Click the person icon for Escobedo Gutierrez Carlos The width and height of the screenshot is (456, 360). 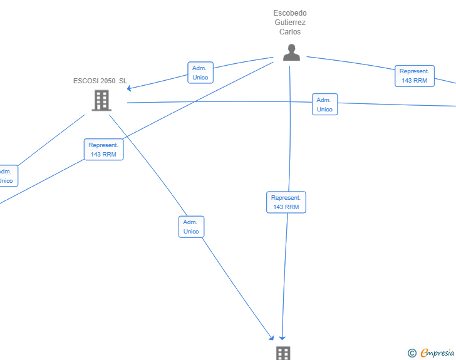coord(291,53)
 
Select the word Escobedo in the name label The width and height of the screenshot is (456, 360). coord(290,13)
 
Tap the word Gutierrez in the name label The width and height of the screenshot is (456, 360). coord(290,23)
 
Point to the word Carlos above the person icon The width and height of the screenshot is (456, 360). coord(290,32)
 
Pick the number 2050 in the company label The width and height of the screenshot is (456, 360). coord(108,81)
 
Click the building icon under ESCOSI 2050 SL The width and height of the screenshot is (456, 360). coord(101,100)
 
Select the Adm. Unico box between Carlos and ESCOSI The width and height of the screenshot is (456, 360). coord(200,73)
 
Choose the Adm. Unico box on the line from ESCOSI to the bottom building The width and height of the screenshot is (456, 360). coord(192,227)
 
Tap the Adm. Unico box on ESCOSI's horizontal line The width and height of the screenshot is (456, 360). coord(325,105)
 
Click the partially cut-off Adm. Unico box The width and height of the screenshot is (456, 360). coord(8,176)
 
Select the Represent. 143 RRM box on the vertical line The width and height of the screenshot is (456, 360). coord(286,202)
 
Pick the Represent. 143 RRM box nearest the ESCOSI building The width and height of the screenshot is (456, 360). coord(103,150)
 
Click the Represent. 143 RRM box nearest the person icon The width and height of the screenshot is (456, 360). coord(415,76)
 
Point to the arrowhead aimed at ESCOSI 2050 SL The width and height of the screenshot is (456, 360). coord(129,88)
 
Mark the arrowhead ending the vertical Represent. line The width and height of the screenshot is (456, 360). coord(282,338)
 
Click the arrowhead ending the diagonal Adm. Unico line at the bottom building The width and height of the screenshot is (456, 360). coord(272,337)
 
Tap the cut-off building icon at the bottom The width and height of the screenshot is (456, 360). coord(283,353)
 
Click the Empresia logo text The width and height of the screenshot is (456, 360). coord(437,353)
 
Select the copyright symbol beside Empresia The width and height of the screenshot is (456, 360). coord(412,353)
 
